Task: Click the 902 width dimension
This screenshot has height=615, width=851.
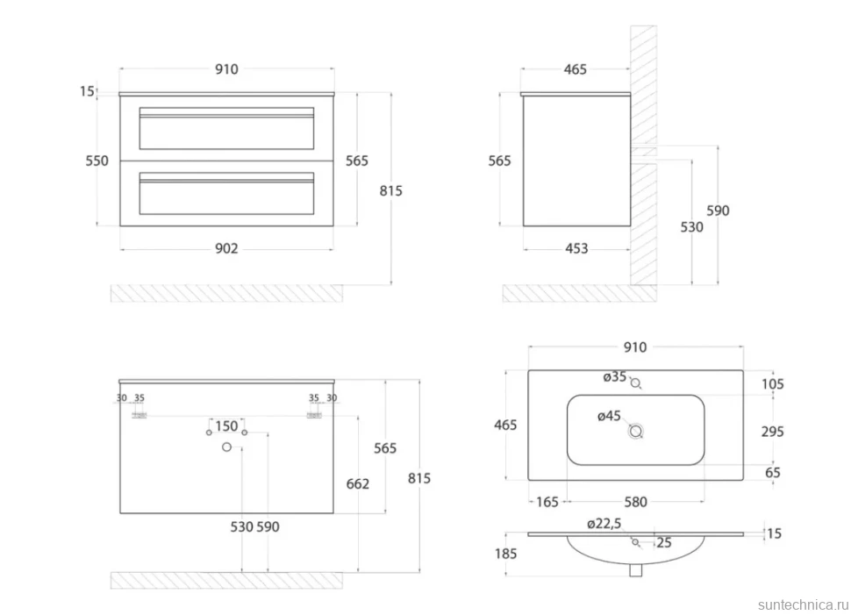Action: pyautogui.click(x=226, y=248)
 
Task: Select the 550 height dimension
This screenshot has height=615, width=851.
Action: pyautogui.click(x=97, y=161)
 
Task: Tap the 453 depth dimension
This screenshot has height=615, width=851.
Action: pyautogui.click(x=576, y=248)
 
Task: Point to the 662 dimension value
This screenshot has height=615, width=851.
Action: pyautogui.click(x=358, y=483)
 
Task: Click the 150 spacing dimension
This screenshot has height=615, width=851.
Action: pyautogui.click(x=226, y=426)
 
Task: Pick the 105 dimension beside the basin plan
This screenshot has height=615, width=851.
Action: pyautogui.click(x=772, y=383)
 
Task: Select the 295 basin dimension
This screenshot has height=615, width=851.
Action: pyautogui.click(x=772, y=432)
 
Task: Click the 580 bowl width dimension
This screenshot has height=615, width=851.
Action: pyautogui.click(x=635, y=502)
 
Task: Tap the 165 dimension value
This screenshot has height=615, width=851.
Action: pyautogui.click(x=547, y=502)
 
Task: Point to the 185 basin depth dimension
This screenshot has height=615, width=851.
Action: pyautogui.click(x=506, y=554)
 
